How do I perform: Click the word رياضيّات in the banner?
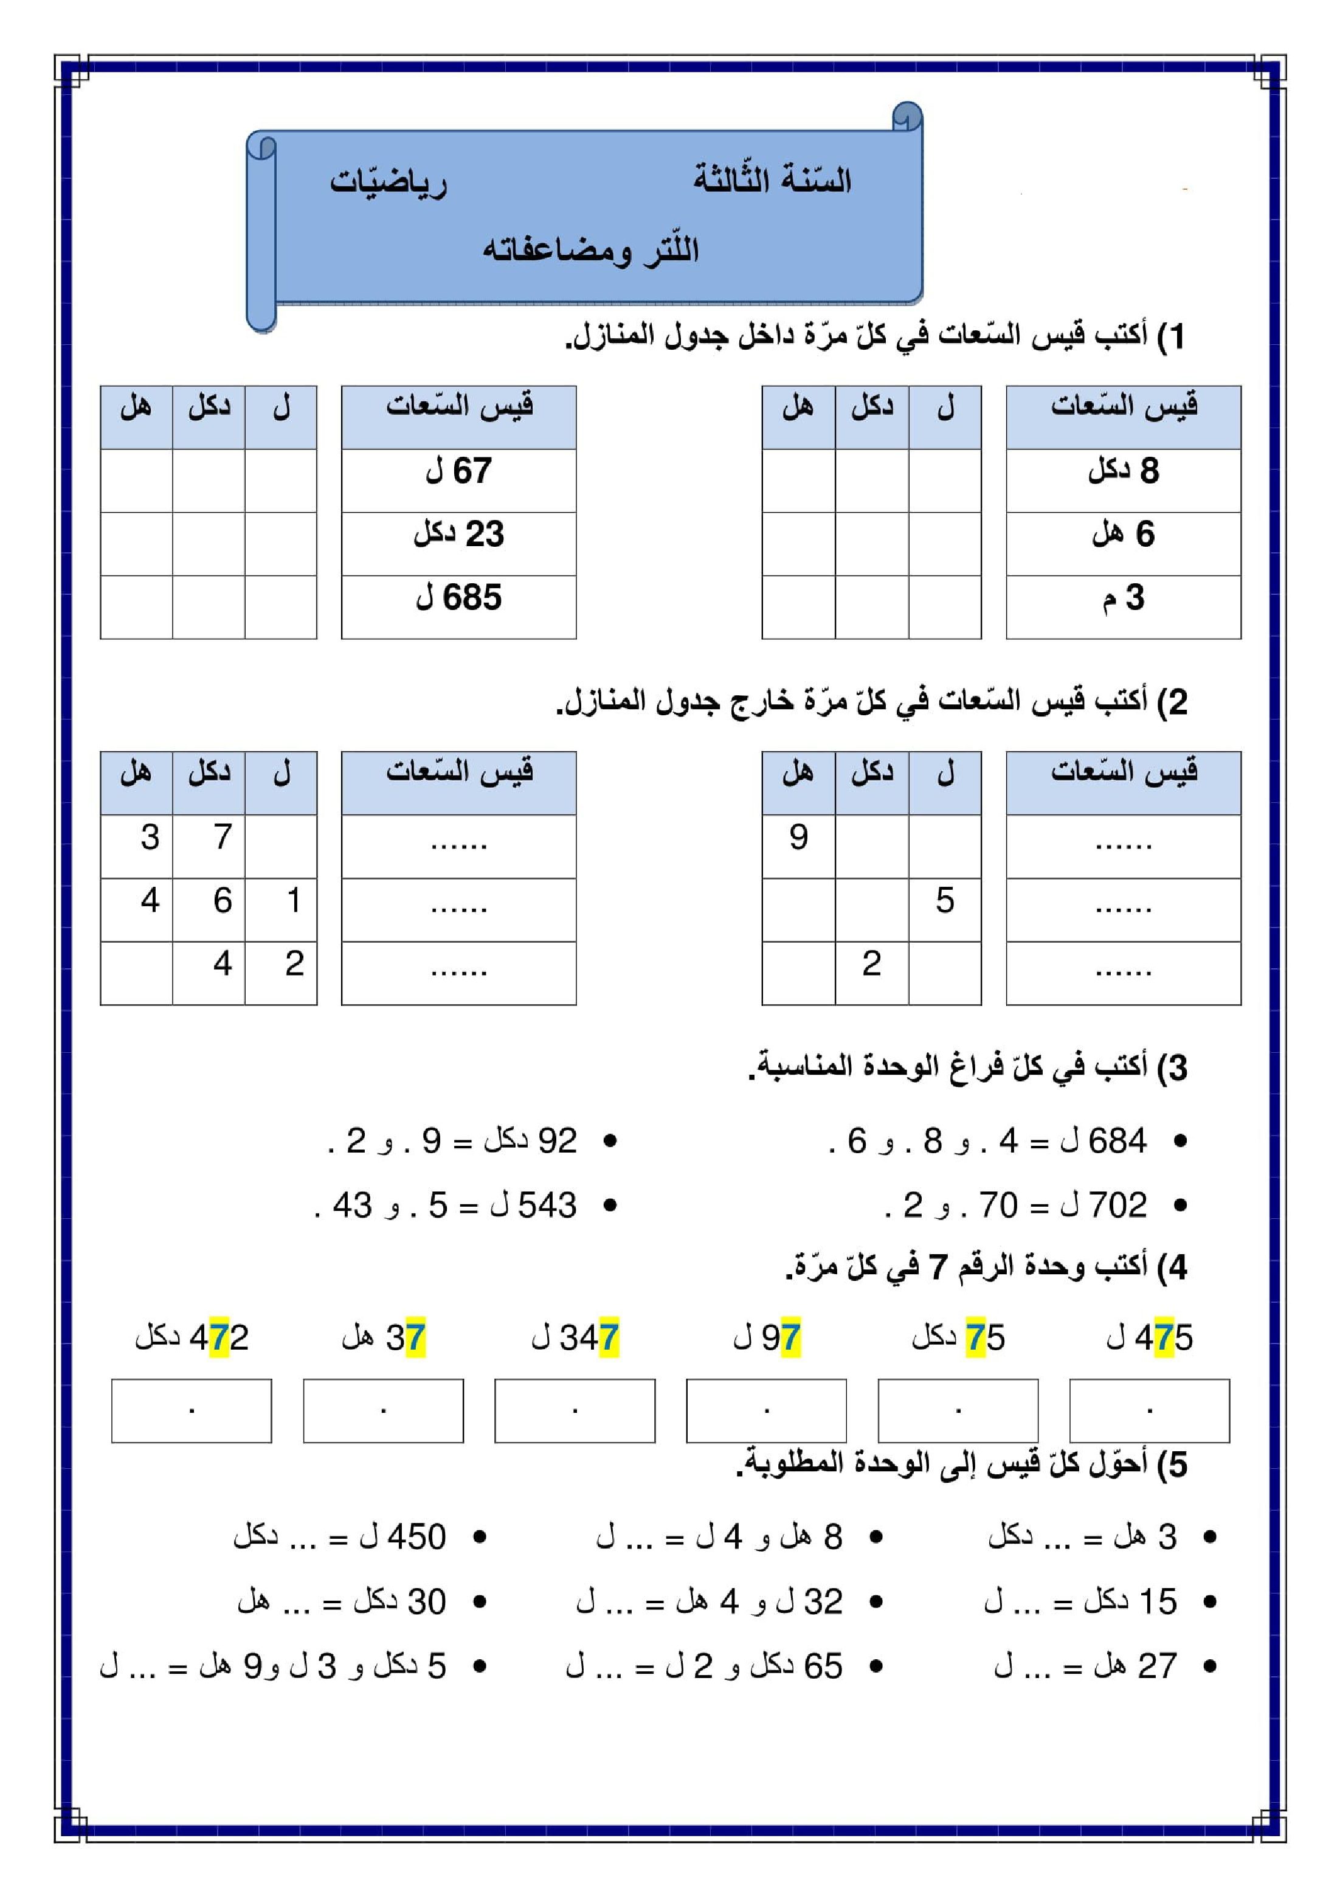click(389, 182)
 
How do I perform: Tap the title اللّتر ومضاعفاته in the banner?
click(591, 249)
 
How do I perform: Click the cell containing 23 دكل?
click(458, 535)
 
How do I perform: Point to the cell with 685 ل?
click(458, 597)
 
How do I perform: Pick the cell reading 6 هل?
click(1123, 535)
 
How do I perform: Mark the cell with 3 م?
click(1123, 597)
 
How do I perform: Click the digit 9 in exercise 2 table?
click(798, 837)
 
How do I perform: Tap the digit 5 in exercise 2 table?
click(944, 901)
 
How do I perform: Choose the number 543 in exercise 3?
click(547, 1205)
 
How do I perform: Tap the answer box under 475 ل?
click(1149, 1411)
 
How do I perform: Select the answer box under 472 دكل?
click(192, 1411)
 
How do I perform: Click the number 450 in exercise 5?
click(416, 1538)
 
